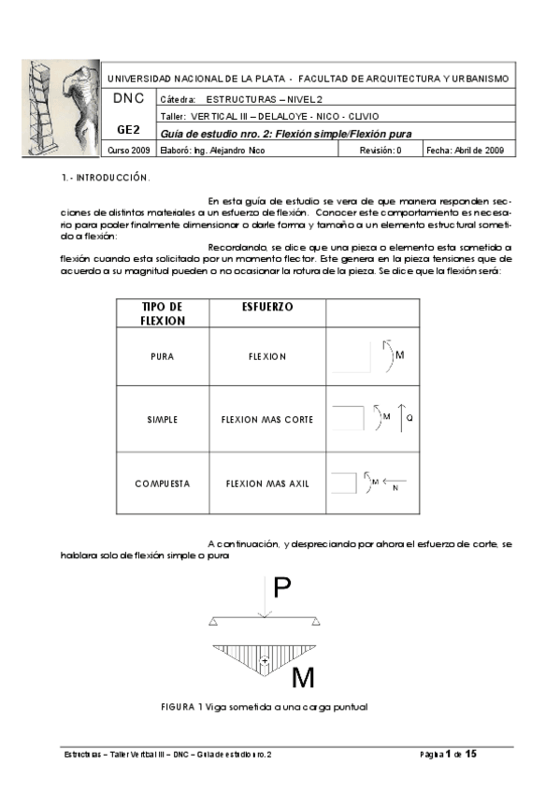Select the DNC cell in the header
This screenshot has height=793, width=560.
129,98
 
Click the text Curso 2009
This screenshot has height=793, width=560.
129,150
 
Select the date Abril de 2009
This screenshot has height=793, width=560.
480,150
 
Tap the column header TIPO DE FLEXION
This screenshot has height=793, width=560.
163,313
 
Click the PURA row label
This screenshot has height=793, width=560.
163,356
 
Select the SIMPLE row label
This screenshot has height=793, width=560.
163,420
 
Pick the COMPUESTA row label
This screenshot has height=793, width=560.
163,483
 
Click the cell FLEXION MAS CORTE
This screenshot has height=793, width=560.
267,420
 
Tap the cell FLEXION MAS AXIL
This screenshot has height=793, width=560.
267,483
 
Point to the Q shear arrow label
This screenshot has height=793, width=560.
408,418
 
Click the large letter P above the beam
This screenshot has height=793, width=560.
282,587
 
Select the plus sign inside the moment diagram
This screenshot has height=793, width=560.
266,661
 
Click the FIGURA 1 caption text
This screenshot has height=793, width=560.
265,707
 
